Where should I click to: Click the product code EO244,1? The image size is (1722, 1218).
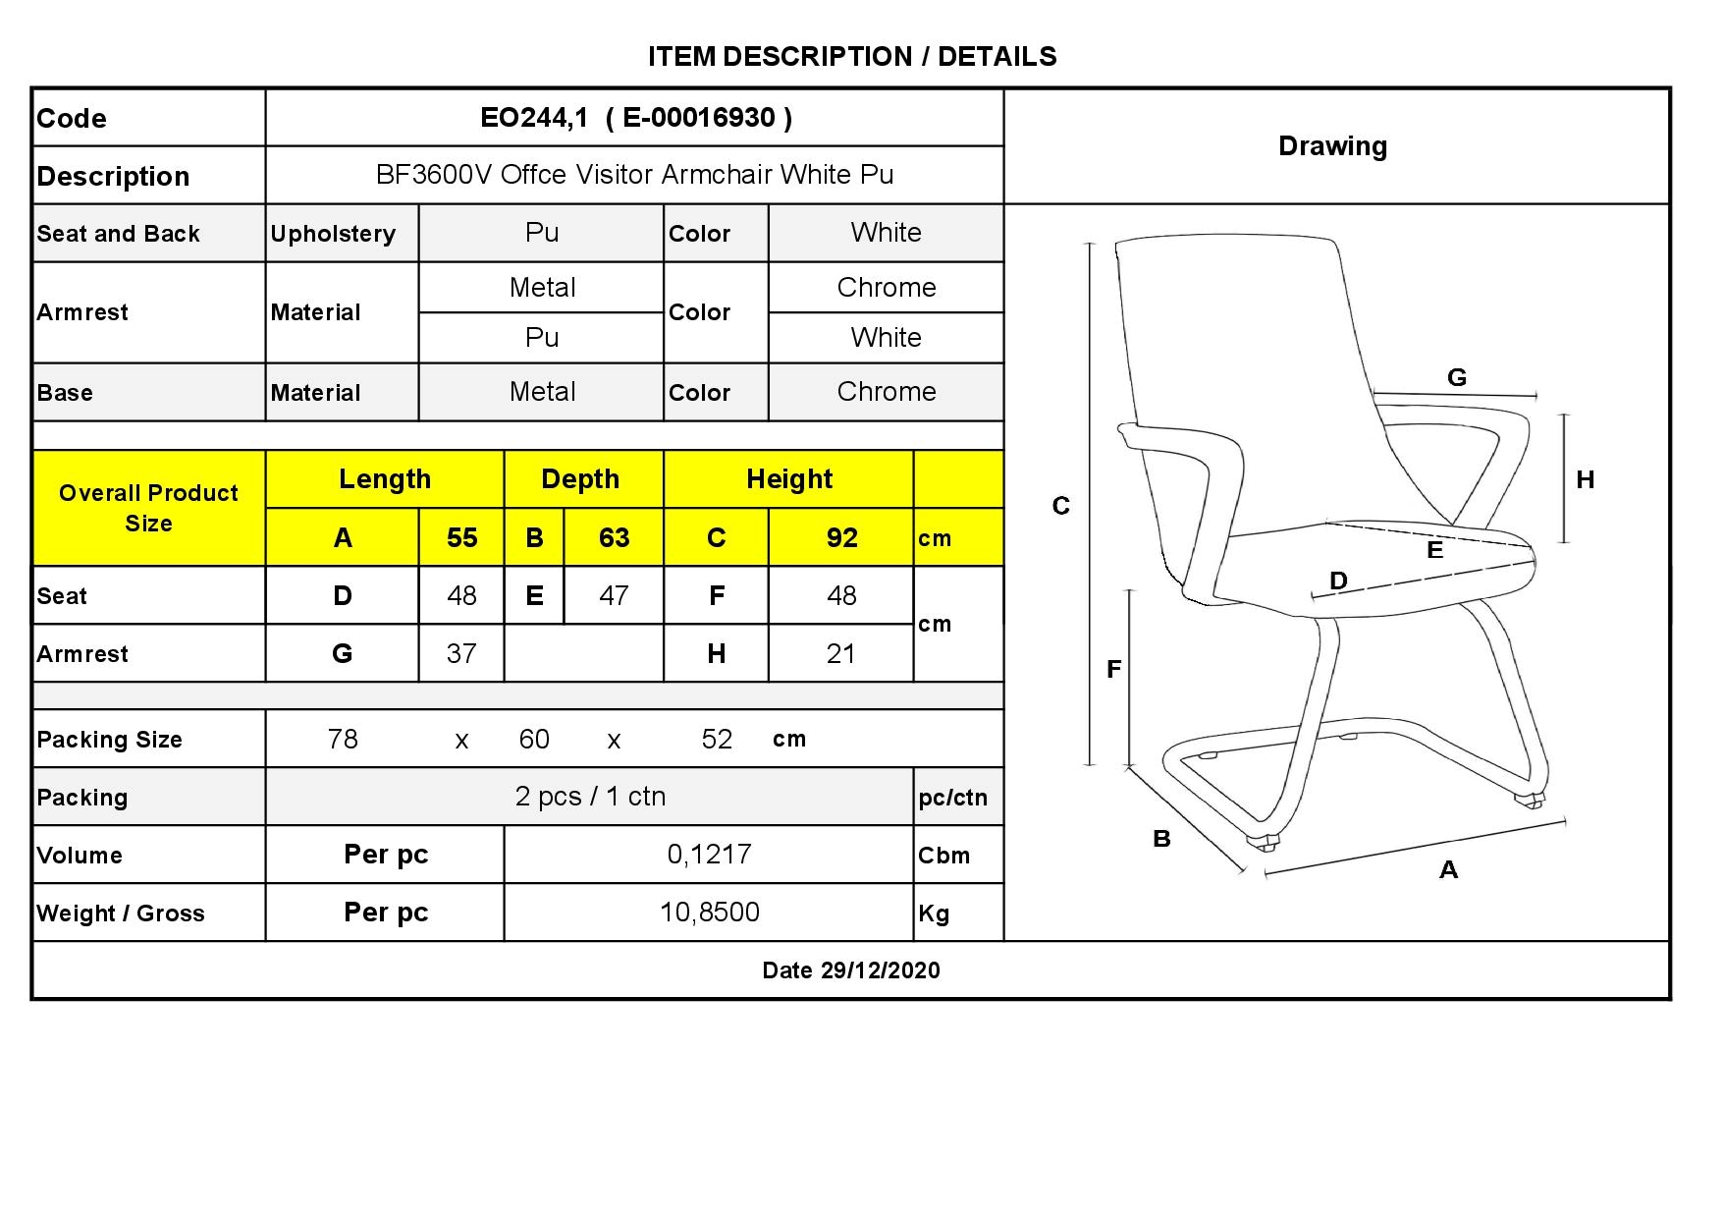tap(533, 118)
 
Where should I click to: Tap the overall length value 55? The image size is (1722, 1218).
tap(461, 537)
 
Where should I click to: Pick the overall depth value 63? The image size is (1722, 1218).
tap(614, 537)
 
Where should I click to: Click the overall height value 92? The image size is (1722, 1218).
tap(841, 537)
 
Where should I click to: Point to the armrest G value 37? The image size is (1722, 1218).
tap(461, 653)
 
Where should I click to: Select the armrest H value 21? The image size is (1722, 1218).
tap(840, 653)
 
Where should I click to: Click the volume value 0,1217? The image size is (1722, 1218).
tap(709, 855)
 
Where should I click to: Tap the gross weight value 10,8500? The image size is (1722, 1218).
tap(709, 913)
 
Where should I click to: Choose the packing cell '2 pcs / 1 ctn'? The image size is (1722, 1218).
tap(590, 797)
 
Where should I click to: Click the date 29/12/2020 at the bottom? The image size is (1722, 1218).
tap(881, 970)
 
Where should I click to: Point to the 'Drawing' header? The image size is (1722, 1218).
tap(1332, 146)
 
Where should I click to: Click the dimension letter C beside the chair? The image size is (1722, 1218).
tap(1061, 506)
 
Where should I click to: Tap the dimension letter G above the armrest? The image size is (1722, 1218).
tap(1457, 377)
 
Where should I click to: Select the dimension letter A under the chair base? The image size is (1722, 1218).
tap(1448, 869)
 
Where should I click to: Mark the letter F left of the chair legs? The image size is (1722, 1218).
tap(1113, 669)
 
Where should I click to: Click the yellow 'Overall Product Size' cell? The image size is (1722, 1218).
tap(149, 508)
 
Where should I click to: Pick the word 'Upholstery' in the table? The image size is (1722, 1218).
tap(333, 234)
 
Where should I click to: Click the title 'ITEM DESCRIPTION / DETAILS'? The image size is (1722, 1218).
tap(852, 56)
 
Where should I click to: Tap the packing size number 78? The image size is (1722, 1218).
tap(343, 739)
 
